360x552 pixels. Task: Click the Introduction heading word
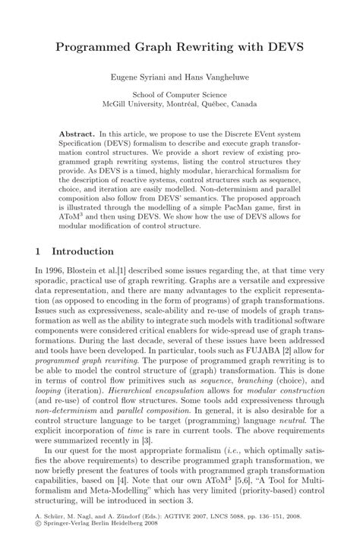coord(83,251)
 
